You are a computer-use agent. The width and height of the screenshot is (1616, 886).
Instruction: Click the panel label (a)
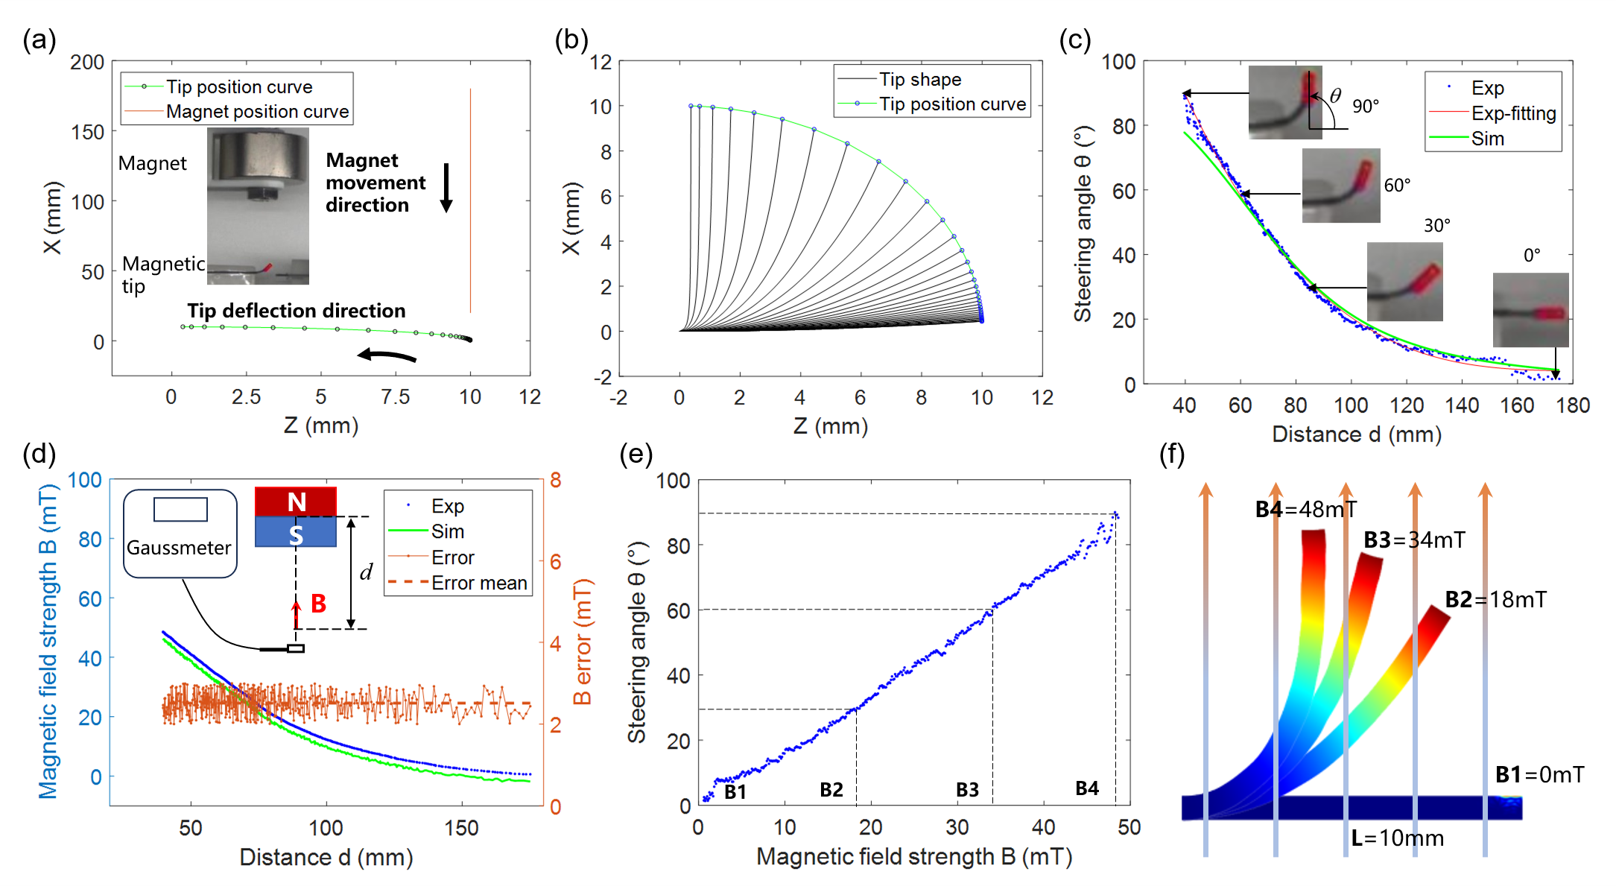[39, 40]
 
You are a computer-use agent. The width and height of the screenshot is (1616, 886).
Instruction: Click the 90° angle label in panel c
[1366, 106]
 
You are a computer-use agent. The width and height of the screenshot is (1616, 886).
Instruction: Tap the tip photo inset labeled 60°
[1340, 186]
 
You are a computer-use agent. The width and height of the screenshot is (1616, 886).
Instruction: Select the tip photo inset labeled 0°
[1530, 310]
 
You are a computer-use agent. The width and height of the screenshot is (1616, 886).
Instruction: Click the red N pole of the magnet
[296, 501]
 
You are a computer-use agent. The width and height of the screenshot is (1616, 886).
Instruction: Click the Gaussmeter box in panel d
[180, 534]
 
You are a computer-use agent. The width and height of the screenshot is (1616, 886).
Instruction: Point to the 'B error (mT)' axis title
[583, 642]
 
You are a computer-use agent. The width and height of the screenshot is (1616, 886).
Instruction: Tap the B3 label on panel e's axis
[967, 790]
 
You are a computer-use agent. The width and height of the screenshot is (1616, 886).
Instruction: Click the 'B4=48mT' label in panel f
[1306, 510]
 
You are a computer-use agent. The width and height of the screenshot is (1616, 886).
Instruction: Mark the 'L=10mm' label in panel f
[1397, 838]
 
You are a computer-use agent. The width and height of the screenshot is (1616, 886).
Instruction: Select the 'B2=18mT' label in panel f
[1495, 600]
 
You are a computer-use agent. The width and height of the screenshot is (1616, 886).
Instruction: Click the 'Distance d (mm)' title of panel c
[1356, 434]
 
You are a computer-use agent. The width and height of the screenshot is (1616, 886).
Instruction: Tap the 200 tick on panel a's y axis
[87, 63]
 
